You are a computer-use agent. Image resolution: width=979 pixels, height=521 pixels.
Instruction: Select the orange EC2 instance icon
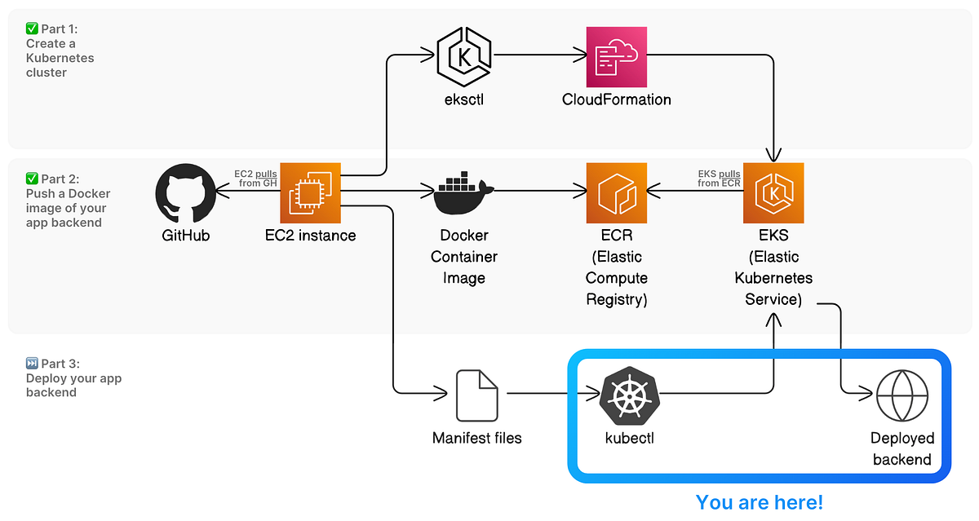coord(310,193)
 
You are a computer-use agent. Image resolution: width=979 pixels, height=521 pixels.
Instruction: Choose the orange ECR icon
coord(617,193)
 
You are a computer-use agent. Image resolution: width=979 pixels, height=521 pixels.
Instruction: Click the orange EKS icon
coord(773,193)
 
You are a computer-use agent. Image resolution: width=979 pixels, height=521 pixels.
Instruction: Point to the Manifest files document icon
coord(476,395)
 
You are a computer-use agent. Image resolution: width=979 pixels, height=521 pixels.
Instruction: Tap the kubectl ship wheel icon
coord(629,395)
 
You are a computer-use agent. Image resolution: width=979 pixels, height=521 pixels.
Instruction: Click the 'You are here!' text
coord(760,501)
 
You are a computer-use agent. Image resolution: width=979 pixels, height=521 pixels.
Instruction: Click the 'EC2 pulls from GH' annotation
coord(255,178)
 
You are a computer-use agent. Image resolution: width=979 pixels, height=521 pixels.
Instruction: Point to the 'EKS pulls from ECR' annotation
coord(719,178)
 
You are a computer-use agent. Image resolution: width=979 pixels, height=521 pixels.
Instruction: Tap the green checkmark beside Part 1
coord(33,29)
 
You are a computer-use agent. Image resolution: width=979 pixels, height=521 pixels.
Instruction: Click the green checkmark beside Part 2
coord(33,179)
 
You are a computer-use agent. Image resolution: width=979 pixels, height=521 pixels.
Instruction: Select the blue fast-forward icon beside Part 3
coord(33,364)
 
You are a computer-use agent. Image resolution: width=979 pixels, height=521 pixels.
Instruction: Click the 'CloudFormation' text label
coord(617,99)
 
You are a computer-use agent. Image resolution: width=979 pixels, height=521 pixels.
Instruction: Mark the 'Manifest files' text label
coord(476,438)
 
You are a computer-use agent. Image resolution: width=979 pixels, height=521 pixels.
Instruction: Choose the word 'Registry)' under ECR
coord(617,299)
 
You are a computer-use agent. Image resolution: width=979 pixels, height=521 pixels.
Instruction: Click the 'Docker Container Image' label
coord(463,257)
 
